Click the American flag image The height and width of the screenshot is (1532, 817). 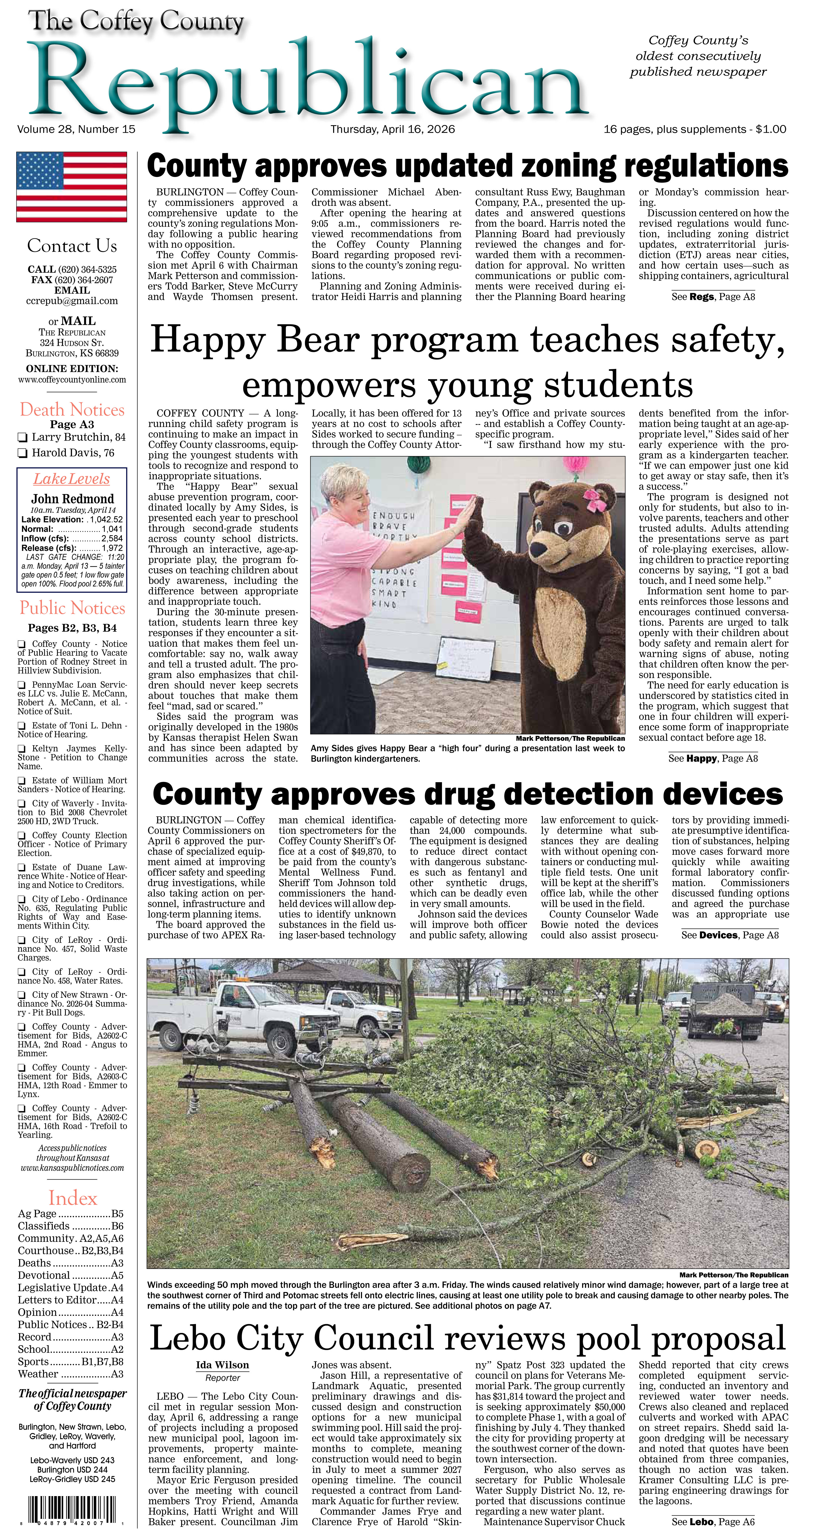[x=71, y=186]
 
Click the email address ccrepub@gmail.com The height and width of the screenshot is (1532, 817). [x=72, y=301]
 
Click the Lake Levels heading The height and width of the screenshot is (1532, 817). [x=71, y=479]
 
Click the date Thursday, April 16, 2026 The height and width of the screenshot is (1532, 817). [x=393, y=129]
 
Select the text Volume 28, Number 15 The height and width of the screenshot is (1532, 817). [x=76, y=129]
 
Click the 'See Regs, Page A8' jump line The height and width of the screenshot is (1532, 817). [x=713, y=296]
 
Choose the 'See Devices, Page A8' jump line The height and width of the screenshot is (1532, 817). [x=730, y=935]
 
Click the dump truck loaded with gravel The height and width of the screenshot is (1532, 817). [x=723, y=1008]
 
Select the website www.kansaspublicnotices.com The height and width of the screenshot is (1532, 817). [x=72, y=1168]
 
